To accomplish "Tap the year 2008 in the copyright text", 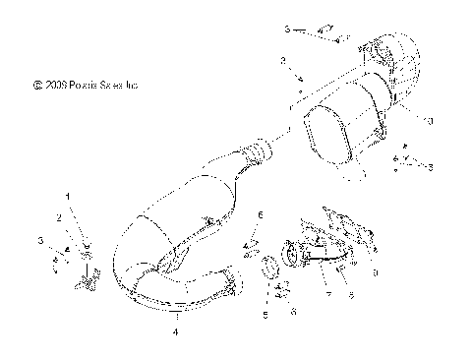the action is tap(54, 87).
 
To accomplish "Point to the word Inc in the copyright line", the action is tap(132, 87).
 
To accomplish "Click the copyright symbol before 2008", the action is tap(37, 87).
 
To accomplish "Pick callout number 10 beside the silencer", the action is tap(429, 121).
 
